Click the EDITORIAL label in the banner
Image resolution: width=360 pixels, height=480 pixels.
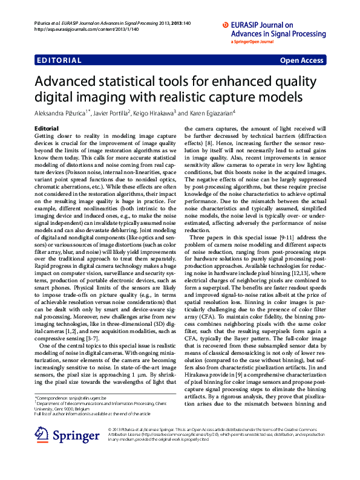pyautogui.click(x=59, y=60)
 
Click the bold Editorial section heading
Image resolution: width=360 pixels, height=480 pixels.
pyautogui.click(x=47, y=129)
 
